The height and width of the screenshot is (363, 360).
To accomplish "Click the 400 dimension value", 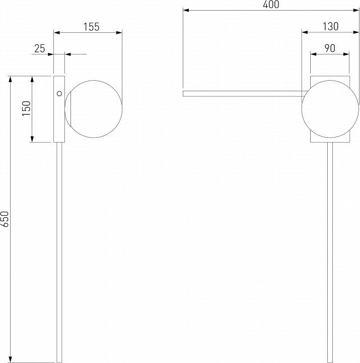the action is pyautogui.click(x=271, y=5).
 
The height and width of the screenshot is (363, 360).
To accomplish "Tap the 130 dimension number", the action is pyautogui.click(x=331, y=27).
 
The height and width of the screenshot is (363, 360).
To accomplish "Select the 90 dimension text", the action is pyautogui.click(x=330, y=48).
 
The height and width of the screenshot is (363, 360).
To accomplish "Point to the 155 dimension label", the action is pyautogui.click(x=92, y=27).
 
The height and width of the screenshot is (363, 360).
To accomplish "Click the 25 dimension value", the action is pyautogui.click(x=40, y=49).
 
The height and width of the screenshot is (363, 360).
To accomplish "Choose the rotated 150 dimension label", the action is pyautogui.click(x=26, y=108).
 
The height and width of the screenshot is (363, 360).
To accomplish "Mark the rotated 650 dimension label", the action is pyautogui.click(x=5, y=219).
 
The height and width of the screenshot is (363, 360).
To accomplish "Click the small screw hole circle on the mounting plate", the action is pyautogui.click(x=59, y=94).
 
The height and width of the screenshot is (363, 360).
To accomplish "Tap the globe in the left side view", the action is pyautogui.click(x=94, y=109).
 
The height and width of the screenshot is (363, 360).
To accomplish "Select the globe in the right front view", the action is pyautogui.click(x=330, y=109).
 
